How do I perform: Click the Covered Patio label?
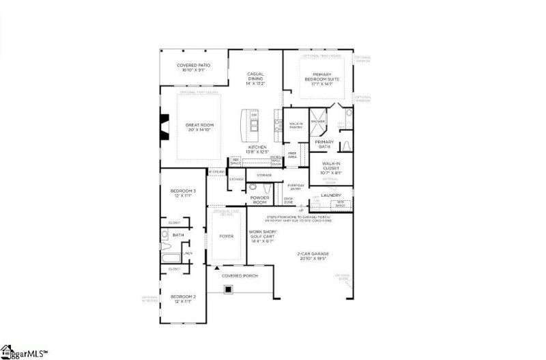coord(193,67)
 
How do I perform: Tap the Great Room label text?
coord(200,127)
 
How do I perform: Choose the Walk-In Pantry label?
coord(296,125)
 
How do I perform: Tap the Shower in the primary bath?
coord(318,122)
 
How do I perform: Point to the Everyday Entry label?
coord(296,186)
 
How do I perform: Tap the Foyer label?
coord(227,236)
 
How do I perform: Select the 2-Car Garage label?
coord(312,258)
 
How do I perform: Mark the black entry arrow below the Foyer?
coord(217,268)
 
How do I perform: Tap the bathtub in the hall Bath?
coord(171,258)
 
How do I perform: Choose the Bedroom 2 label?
coord(183,299)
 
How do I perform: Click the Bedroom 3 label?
coord(183,193)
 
